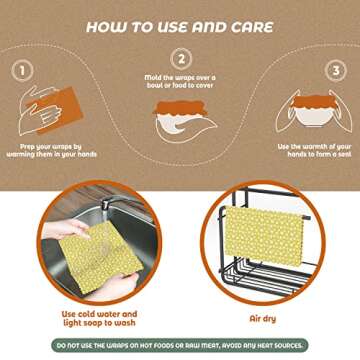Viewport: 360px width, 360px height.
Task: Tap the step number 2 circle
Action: tap(181, 59)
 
